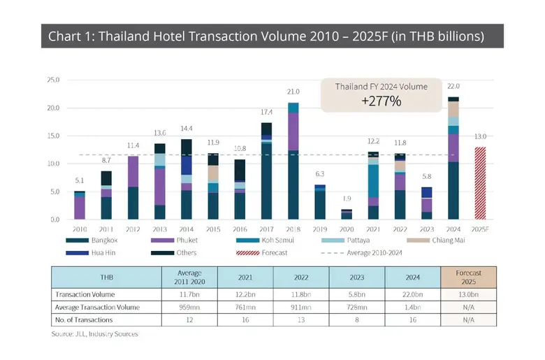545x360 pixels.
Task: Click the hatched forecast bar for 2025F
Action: (480, 183)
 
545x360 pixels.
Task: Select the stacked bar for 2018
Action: (293, 161)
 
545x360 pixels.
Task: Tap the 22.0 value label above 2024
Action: (453, 86)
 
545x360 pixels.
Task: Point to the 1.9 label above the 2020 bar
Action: (347, 199)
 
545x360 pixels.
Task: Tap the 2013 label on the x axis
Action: (159, 229)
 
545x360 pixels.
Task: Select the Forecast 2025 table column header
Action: (468, 277)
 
